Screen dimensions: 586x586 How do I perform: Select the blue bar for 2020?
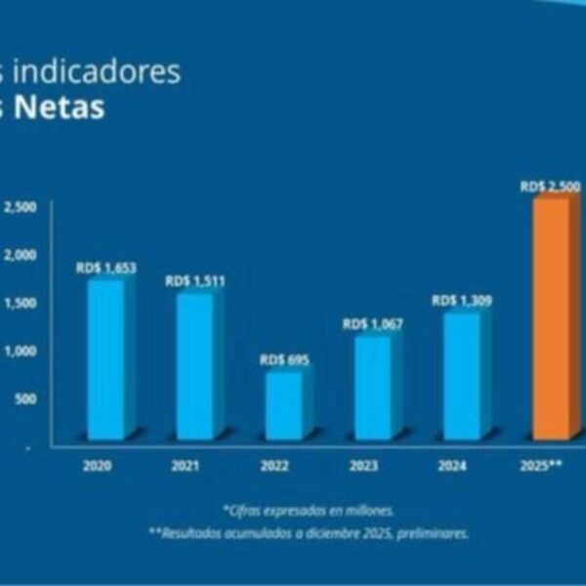pos(105,359)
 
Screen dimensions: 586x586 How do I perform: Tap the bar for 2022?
pos(281,404)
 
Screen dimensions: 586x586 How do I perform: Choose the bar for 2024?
pos(461,376)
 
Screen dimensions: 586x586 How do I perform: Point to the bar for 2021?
pos(193,365)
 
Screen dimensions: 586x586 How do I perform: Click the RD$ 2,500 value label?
pos(552,186)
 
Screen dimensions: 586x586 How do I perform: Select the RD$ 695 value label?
pos(284,360)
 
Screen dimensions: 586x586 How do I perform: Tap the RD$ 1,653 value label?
pos(107,268)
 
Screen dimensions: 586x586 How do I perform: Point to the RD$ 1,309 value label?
pos(462,301)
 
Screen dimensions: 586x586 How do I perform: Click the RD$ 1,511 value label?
pos(195,281)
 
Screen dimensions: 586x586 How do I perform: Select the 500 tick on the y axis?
pos(25,398)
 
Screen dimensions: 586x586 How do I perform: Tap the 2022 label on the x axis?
pos(274,466)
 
